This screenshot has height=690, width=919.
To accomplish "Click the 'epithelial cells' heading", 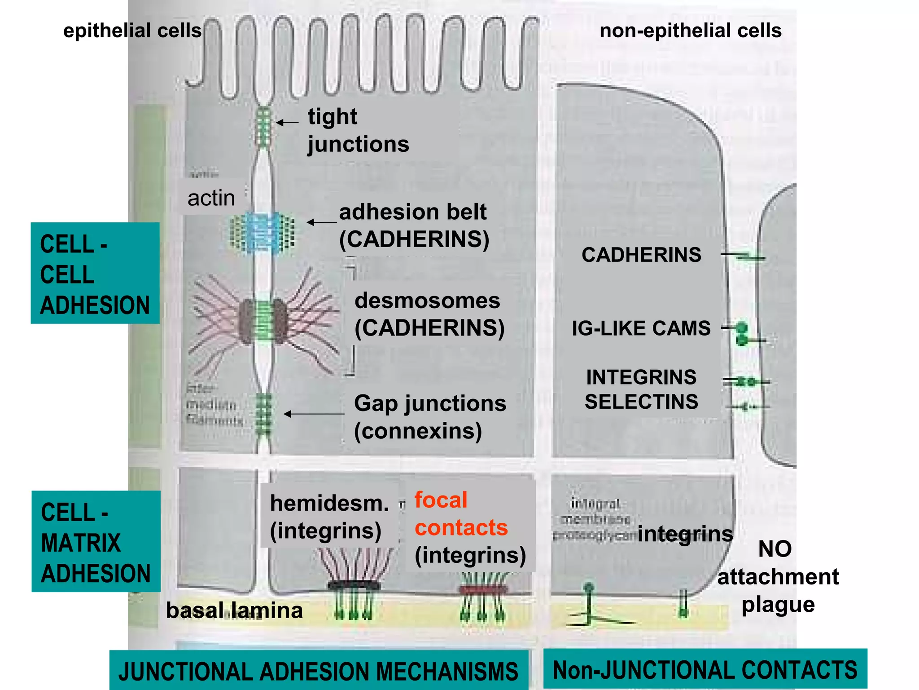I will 132,31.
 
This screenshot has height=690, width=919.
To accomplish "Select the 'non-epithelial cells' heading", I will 690,31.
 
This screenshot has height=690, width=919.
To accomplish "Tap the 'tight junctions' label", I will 358,130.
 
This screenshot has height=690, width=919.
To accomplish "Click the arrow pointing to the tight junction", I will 287,122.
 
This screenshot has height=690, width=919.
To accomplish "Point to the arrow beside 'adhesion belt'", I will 321,222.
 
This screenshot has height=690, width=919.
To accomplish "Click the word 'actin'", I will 211,198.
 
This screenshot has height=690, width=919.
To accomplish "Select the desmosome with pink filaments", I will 263,322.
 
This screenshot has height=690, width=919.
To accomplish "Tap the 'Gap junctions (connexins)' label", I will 429,417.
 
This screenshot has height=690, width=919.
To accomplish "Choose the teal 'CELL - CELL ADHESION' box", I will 95,273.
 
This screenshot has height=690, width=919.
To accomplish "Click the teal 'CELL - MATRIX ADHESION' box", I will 96,541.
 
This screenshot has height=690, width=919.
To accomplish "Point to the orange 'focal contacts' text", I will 460,513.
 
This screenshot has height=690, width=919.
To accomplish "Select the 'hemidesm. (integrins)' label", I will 329,517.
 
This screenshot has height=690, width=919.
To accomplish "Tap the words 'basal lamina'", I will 234,610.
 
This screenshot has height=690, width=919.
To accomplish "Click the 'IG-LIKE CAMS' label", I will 641,328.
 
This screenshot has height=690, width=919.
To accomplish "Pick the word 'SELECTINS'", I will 641,402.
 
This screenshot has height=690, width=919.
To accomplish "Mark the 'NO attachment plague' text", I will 778,576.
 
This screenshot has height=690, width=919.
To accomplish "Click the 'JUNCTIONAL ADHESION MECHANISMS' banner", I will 318,672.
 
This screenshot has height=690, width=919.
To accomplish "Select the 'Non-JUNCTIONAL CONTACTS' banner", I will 705,670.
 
